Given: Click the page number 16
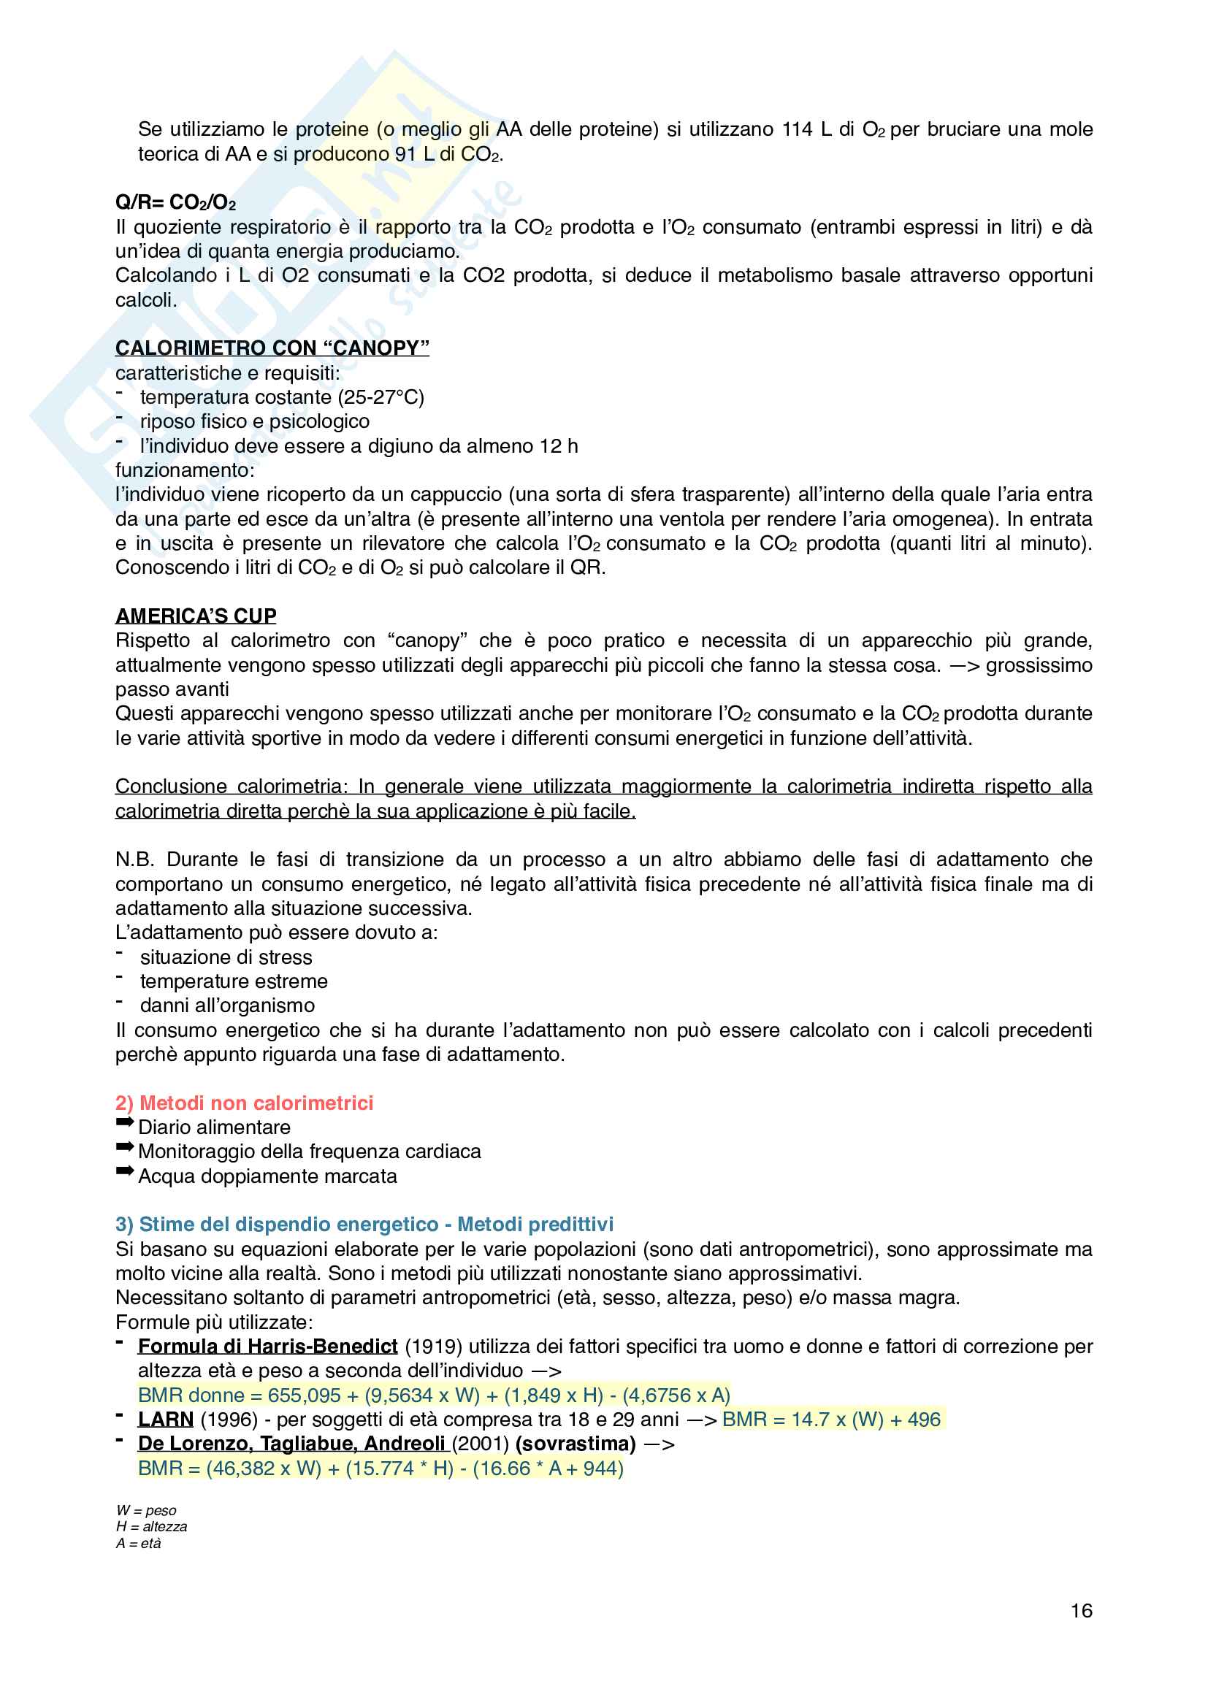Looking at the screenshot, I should [1081, 1611].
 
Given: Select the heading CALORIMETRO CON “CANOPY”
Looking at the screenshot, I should [272, 348].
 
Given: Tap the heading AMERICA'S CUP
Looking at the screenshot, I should [196, 616].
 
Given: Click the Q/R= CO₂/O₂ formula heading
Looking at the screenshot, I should [175, 202].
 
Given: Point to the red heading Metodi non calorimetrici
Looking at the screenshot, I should [244, 1103].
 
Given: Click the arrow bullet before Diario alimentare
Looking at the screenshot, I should [124, 1122].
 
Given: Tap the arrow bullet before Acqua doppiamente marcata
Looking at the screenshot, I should [124, 1171].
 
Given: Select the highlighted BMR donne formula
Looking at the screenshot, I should [434, 1395].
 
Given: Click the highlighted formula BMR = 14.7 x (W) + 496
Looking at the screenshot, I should [831, 1420].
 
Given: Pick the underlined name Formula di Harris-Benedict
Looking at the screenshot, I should [268, 1347].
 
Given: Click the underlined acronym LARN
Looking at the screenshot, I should [165, 1420].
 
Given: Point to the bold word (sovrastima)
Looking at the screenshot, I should [575, 1444].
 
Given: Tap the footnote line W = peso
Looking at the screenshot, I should [147, 1510].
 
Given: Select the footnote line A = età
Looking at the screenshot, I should [138, 1543].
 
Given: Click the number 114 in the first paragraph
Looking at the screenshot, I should [797, 129].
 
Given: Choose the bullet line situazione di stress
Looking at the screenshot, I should [226, 957].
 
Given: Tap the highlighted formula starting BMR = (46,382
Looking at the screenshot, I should [380, 1468].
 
